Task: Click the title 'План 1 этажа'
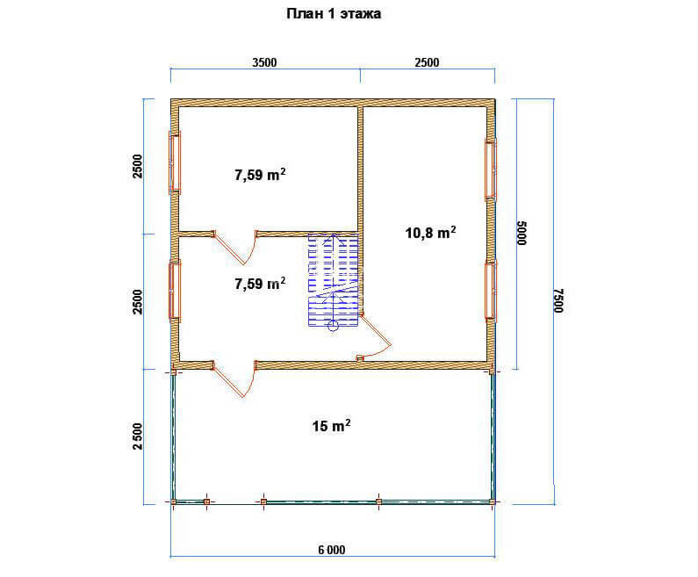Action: [334, 14]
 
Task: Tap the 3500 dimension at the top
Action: [264, 62]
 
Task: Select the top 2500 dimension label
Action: [427, 62]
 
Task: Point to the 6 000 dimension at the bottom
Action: [332, 551]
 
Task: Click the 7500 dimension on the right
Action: [559, 300]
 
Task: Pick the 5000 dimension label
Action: [522, 233]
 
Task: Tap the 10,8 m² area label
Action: [430, 233]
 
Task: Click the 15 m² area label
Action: [331, 426]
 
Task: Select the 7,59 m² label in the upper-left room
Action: [260, 175]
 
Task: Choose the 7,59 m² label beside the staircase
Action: [260, 283]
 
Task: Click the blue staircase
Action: [334, 278]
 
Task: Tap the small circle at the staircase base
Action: [333, 327]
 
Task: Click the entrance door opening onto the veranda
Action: [234, 379]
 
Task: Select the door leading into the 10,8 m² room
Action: [375, 337]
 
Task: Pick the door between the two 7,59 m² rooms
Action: [234, 247]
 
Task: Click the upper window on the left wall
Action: [175, 162]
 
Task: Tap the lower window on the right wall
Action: [491, 292]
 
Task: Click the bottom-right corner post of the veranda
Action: [493, 501]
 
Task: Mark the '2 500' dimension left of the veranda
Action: [138, 436]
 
